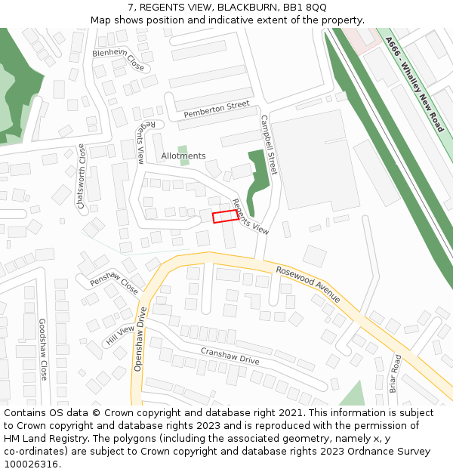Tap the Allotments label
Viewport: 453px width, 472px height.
pyautogui.click(x=183, y=156)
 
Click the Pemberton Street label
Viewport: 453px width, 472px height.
pyautogui.click(x=216, y=110)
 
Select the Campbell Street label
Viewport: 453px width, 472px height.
pyautogui.click(x=269, y=144)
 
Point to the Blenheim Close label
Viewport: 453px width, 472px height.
pyautogui.click(x=119, y=59)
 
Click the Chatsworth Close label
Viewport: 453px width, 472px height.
pyautogui.click(x=82, y=177)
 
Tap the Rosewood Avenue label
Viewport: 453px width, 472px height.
pyautogui.click(x=308, y=284)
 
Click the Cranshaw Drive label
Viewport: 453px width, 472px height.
pyautogui.click(x=230, y=356)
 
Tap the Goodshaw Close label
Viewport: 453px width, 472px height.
pyautogui.click(x=43, y=349)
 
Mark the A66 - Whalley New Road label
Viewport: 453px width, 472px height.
pyautogui.click(x=414, y=85)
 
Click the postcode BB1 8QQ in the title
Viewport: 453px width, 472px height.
pyautogui.click(x=305, y=7)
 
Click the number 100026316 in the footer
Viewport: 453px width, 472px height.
pyautogui.click(x=31, y=464)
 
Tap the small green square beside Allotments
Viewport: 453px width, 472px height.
pyautogui.click(x=183, y=150)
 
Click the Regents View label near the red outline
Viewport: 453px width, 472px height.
pyautogui.click(x=251, y=217)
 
